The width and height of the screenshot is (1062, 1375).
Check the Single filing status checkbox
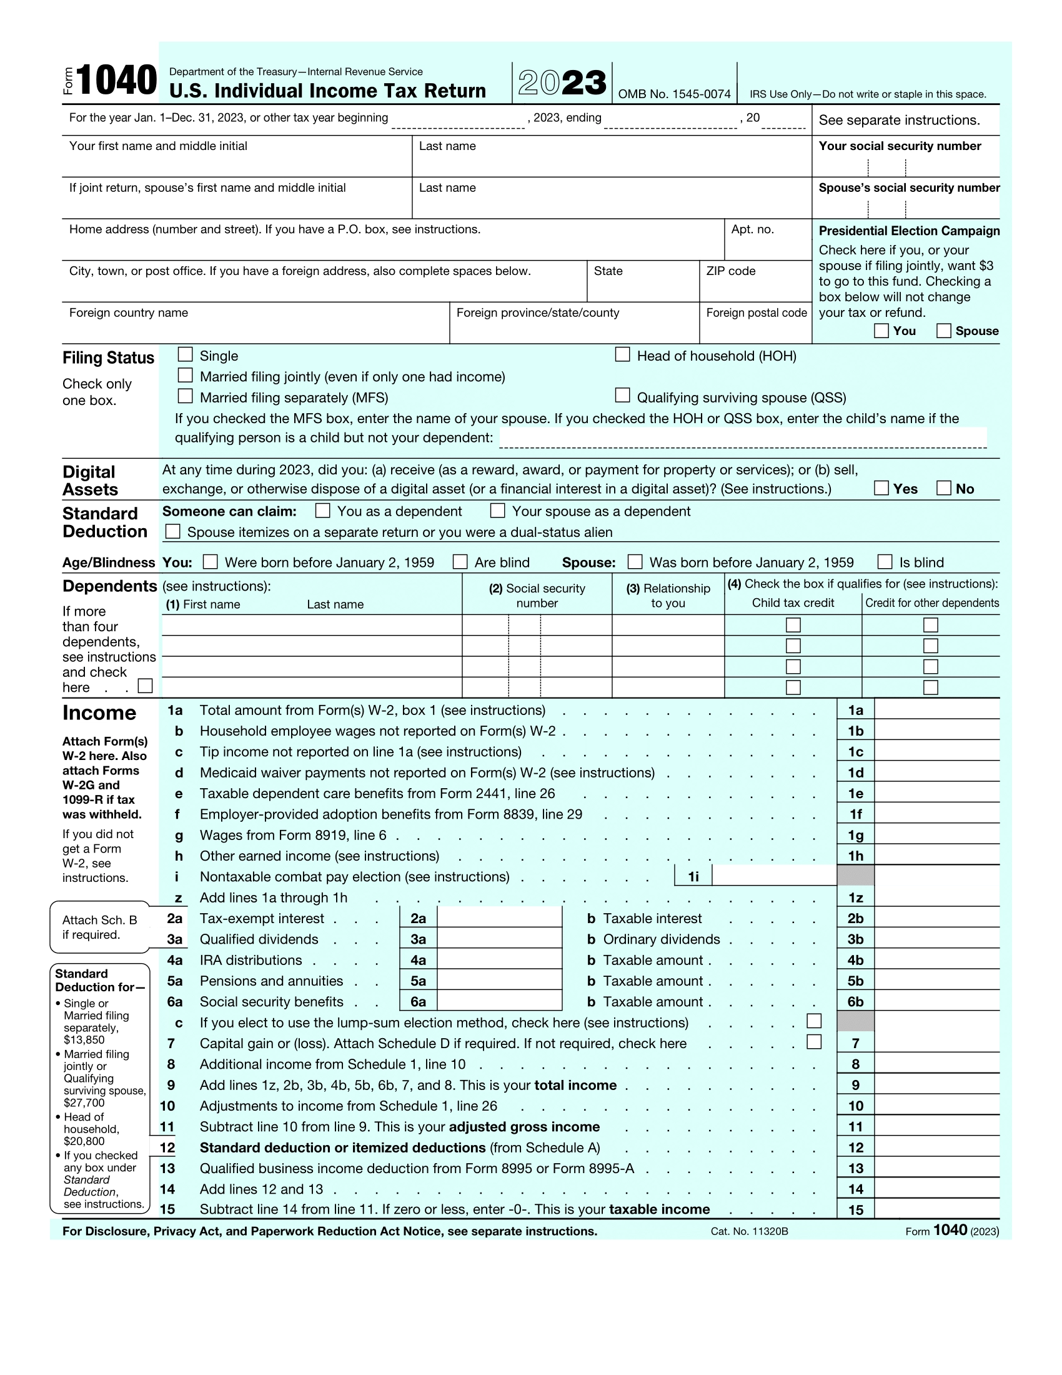click(185, 354)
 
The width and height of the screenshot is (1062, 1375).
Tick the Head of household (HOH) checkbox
click(622, 354)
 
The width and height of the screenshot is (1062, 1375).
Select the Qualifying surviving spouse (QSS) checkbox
click(622, 396)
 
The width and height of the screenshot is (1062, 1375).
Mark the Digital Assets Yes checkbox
click(881, 488)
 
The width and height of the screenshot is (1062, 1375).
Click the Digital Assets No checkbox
click(944, 488)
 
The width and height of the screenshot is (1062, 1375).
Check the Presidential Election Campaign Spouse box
click(944, 331)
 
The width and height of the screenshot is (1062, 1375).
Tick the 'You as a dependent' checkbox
click(323, 511)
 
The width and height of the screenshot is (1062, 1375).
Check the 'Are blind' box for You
click(460, 562)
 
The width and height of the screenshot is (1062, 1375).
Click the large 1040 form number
click(116, 81)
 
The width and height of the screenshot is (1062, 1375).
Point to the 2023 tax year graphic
click(562, 83)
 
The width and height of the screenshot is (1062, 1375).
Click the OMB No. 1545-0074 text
click(674, 94)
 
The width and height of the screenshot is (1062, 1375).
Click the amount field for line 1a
click(936, 709)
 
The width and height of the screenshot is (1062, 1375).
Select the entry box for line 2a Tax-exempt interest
click(499, 918)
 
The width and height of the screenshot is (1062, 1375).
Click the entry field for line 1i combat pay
click(774, 876)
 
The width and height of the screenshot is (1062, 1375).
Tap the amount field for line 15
click(936, 1209)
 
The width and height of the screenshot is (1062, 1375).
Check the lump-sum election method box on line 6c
click(814, 1021)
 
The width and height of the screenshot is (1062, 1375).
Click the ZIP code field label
click(730, 271)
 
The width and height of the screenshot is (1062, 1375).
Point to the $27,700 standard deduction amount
click(84, 1102)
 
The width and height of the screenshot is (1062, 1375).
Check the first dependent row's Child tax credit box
click(793, 624)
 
